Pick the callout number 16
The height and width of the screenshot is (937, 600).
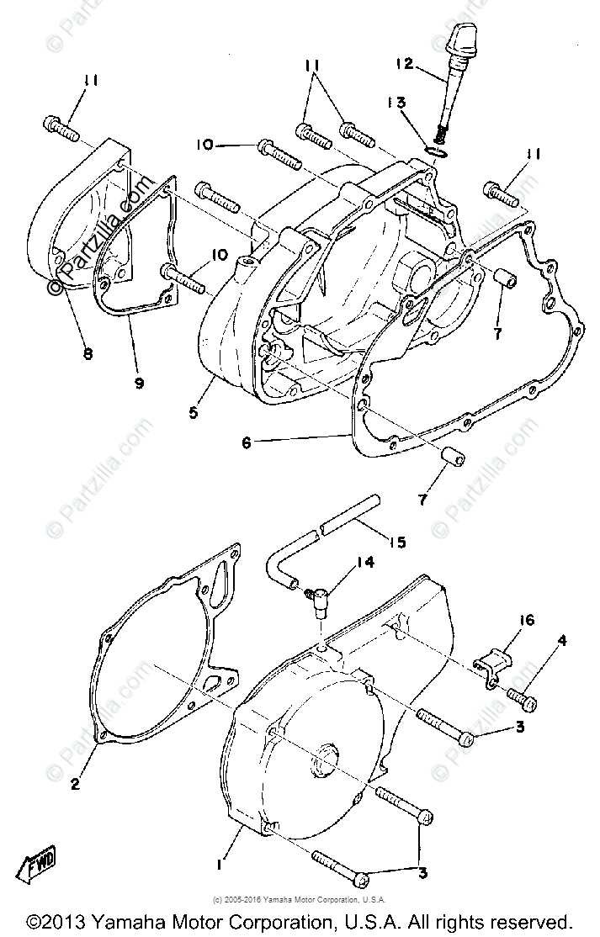click(527, 621)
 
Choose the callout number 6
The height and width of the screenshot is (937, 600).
click(246, 442)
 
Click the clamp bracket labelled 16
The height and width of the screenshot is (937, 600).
click(496, 665)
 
